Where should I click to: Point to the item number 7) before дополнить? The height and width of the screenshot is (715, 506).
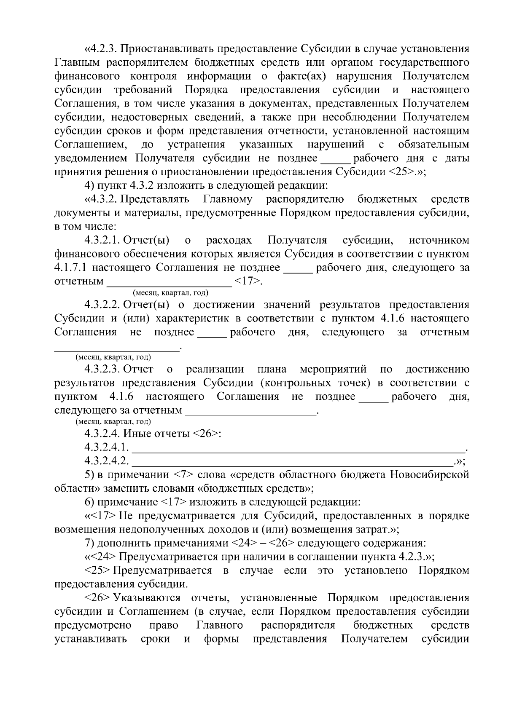coord(90,543)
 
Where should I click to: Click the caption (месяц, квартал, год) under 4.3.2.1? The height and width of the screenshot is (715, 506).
coord(170,293)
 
